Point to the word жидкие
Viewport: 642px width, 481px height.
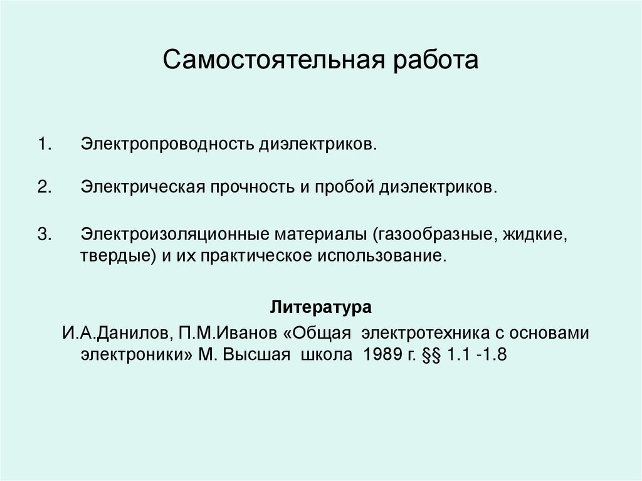pos(534,235)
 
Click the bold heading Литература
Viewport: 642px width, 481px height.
pos(321,308)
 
